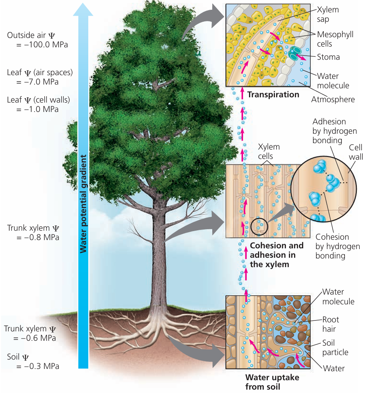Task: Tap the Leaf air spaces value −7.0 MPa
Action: (38, 82)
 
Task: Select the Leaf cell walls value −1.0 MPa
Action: (38, 109)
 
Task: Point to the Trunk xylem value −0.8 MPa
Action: (38, 237)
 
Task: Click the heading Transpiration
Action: (273, 94)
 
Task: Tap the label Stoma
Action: (328, 57)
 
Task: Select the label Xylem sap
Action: (328, 14)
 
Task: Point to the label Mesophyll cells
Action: (335, 39)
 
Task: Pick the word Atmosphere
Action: (333, 100)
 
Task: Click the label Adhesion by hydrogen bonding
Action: (334, 131)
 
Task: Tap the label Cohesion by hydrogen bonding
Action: (337, 246)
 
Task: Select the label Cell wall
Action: (356, 152)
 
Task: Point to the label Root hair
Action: (331, 324)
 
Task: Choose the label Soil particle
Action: (335, 348)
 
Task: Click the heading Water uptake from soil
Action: (272, 382)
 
